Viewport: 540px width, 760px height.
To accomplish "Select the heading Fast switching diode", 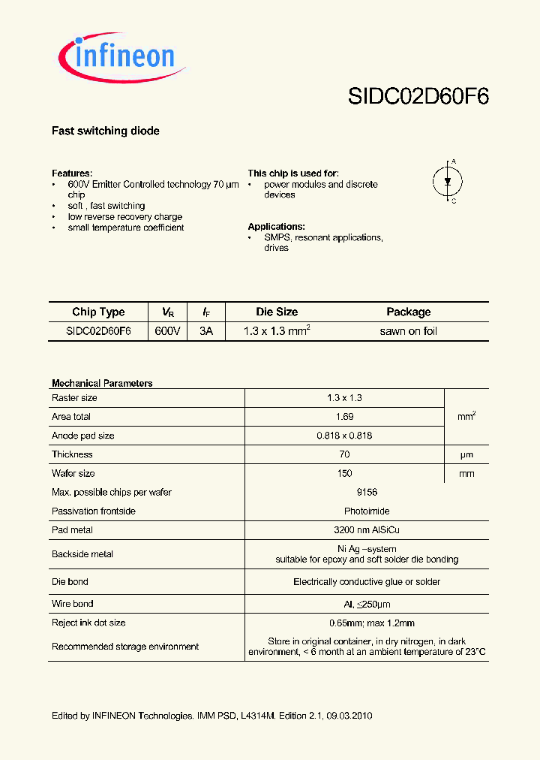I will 106,131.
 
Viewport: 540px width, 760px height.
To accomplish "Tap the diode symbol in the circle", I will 448,181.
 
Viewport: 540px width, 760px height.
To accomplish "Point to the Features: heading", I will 72,173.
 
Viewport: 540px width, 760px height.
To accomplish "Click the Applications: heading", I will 276,226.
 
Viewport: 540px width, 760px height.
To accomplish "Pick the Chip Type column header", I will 98,312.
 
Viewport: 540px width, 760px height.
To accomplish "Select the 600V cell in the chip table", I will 168,331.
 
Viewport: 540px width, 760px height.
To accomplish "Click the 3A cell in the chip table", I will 206,331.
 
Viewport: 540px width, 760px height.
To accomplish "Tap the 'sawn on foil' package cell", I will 408,331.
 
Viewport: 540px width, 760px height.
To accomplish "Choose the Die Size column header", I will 276,312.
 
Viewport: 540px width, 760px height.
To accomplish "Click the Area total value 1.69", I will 344,416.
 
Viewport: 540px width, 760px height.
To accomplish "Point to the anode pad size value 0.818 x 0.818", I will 344,436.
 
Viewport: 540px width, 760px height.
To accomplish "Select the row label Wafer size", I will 73,473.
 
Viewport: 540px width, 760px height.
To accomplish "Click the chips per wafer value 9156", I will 344,492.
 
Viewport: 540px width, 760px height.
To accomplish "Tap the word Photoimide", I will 344,511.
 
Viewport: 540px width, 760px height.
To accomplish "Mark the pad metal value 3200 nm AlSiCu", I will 344,530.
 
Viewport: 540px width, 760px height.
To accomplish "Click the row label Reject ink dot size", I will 88,623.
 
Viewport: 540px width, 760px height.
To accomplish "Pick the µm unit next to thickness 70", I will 466,454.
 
